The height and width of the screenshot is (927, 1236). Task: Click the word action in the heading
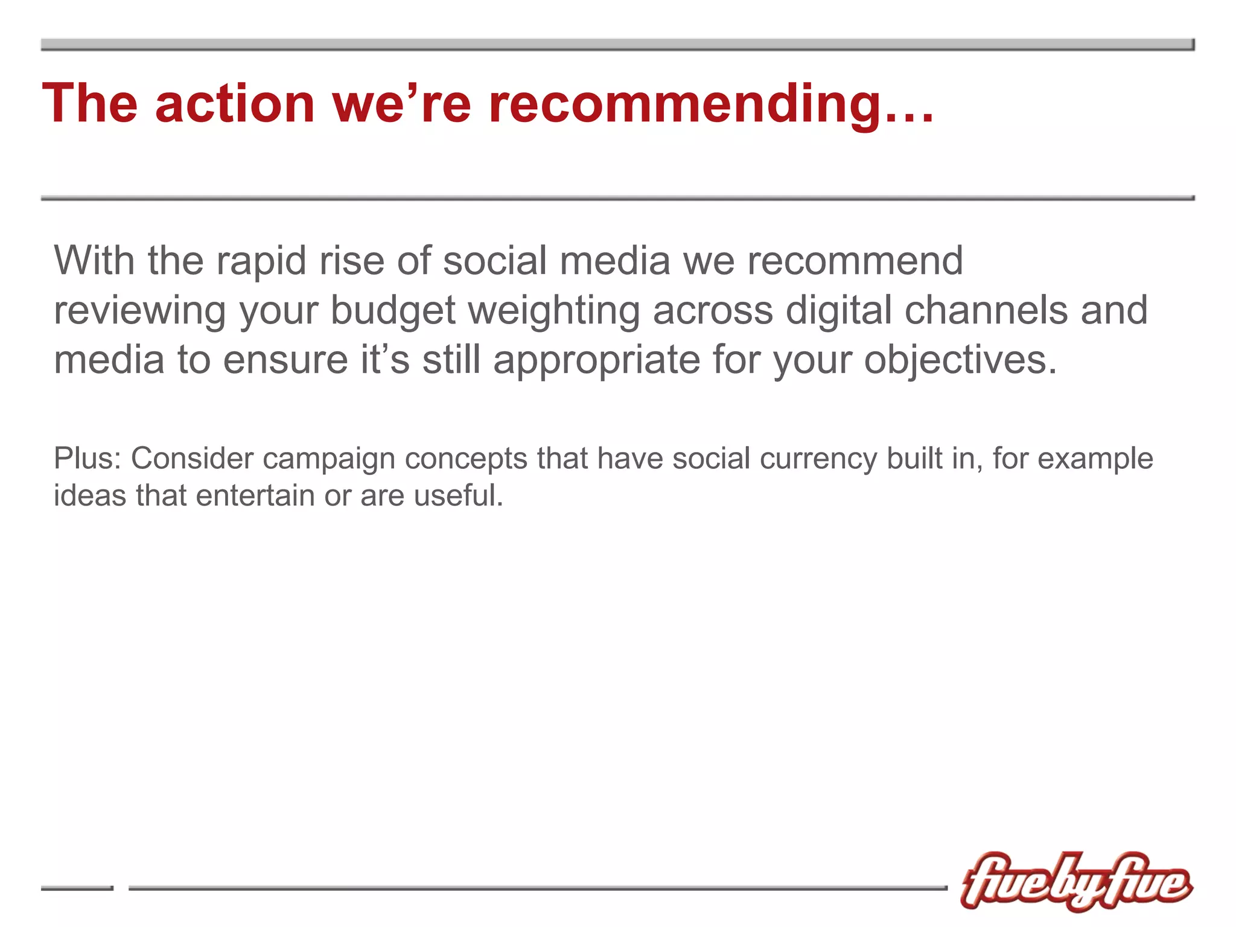click(x=235, y=104)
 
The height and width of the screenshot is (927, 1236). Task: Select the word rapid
click(x=261, y=262)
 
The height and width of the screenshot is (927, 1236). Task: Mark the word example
click(x=1095, y=459)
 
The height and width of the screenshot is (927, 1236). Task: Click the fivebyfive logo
click(x=1076, y=882)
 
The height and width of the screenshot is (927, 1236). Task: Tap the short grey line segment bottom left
click(x=77, y=888)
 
